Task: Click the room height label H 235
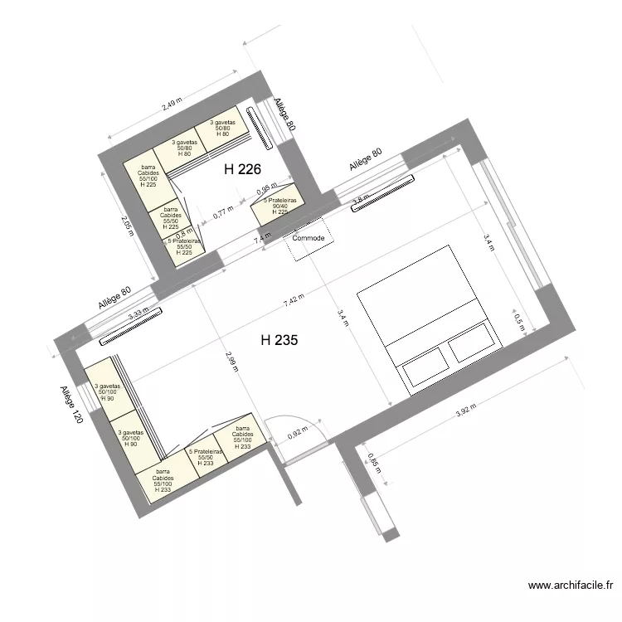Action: [x=280, y=340]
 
